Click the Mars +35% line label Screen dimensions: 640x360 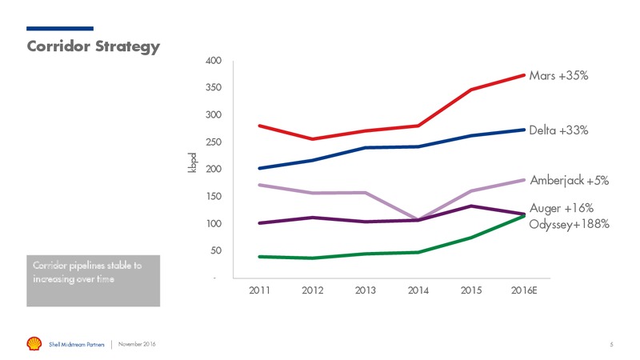pos(558,75)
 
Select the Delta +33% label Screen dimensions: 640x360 pos(558,130)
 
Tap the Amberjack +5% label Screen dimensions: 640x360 pos(570,181)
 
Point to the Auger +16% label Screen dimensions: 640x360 pos(562,208)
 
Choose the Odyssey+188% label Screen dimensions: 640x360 pos(569,224)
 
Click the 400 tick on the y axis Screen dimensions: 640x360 pos(214,61)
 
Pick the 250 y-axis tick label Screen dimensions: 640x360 pos(214,142)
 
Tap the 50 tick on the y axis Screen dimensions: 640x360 pos(216,250)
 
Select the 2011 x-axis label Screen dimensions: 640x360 pos(259,290)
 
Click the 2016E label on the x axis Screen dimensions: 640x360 pos(524,290)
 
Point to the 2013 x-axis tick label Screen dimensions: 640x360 pos(366,290)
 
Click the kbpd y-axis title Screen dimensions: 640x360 pos(192,162)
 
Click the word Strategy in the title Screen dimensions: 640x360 pos(127,46)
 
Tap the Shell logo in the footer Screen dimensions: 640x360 pos(34,344)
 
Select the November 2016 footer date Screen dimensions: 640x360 pos(137,344)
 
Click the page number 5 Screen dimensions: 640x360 pos(611,345)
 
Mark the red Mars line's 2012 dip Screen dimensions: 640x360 pos(313,138)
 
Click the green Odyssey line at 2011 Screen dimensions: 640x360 pos(260,257)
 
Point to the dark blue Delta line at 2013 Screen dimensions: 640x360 pos(366,148)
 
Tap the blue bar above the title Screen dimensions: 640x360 pos(60,29)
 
